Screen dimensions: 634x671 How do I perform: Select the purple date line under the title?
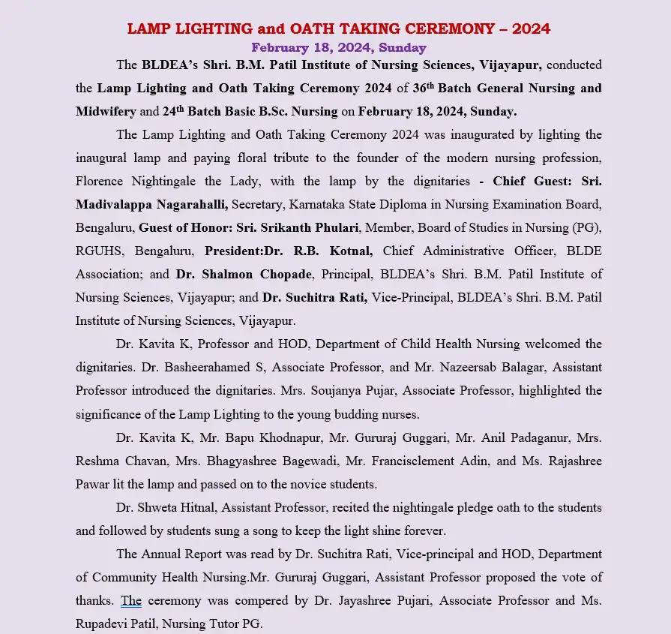(339, 48)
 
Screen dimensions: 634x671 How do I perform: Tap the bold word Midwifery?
(106, 111)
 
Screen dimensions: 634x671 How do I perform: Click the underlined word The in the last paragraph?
(131, 600)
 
